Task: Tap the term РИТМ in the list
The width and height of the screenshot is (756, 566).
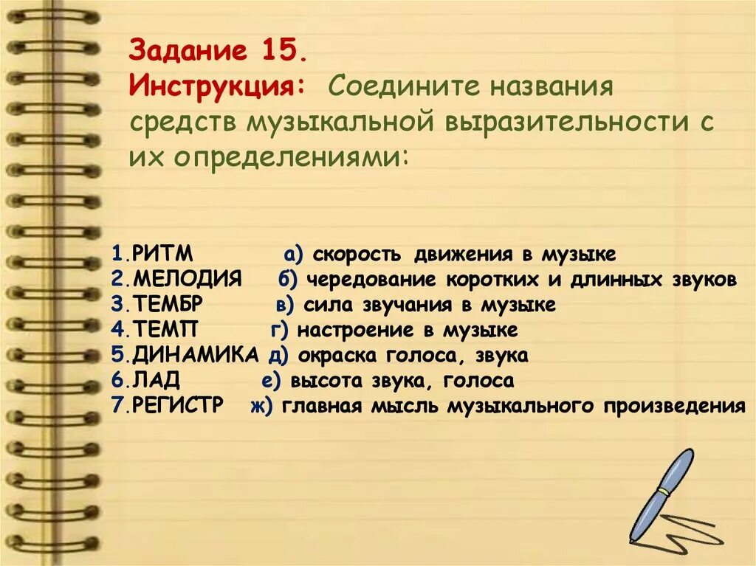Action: (x=162, y=255)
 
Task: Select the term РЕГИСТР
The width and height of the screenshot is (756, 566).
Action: (x=178, y=405)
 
